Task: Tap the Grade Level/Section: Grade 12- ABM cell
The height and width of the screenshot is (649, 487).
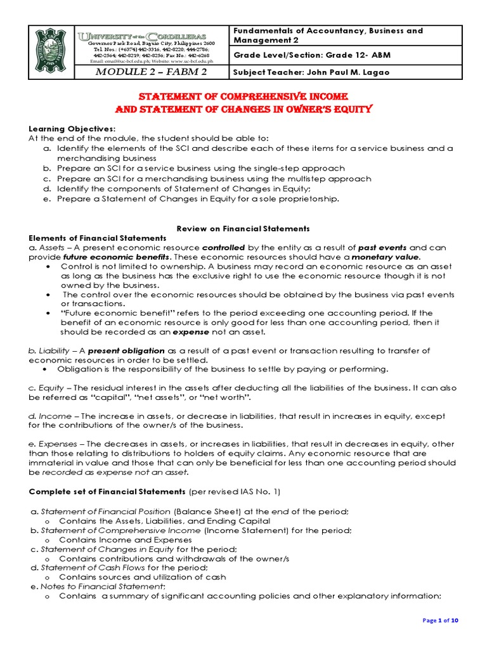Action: click(312, 55)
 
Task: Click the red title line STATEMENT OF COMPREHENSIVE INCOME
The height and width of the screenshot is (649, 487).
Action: click(243, 96)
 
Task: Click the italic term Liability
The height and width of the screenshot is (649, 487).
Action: click(54, 350)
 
